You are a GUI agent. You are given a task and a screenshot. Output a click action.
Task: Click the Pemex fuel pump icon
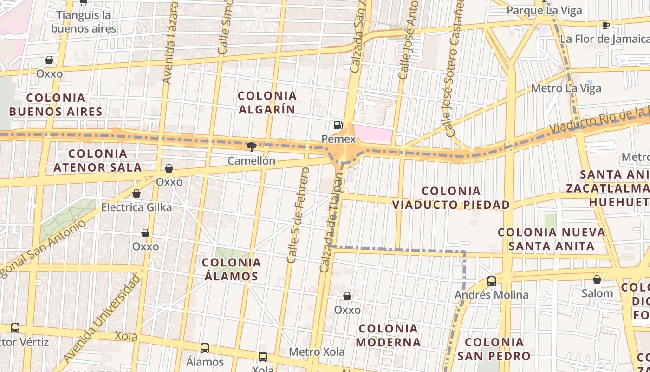(338, 125)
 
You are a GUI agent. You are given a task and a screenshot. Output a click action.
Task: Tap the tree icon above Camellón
(251, 147)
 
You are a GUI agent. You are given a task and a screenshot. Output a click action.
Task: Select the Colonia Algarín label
(267, 103)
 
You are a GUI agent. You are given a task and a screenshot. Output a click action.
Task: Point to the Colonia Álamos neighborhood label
(231, 269)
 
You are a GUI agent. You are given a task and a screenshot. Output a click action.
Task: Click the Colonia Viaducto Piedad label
(451, 198)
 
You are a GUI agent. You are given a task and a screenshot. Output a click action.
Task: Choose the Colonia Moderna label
(389, 335)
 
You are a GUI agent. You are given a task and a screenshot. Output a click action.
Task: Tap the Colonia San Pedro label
(494, 349)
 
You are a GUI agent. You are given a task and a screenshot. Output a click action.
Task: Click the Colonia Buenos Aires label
(56, 105)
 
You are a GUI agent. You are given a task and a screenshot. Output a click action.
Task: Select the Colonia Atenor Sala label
(97, 160)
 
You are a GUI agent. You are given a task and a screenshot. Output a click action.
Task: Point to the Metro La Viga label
(566, 88)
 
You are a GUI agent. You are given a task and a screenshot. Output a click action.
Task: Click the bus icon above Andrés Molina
(491, 281)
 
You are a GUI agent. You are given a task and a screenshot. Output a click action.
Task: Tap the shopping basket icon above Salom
(597, 279)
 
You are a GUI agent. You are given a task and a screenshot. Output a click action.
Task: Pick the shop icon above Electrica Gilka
(136, 193)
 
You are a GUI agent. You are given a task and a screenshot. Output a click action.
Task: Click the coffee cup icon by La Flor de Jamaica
(605, 25)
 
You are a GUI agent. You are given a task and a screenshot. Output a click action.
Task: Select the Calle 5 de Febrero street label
(298, 215)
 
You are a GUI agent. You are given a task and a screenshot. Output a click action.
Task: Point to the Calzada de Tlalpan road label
(332, 223)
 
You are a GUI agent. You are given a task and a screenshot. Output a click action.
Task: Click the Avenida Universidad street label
(102, 319)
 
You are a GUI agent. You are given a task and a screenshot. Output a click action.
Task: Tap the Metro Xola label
(317, 352)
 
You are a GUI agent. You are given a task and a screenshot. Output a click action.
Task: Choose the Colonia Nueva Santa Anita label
(552, 239)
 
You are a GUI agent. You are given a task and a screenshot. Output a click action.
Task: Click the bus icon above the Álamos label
(205, 348)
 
